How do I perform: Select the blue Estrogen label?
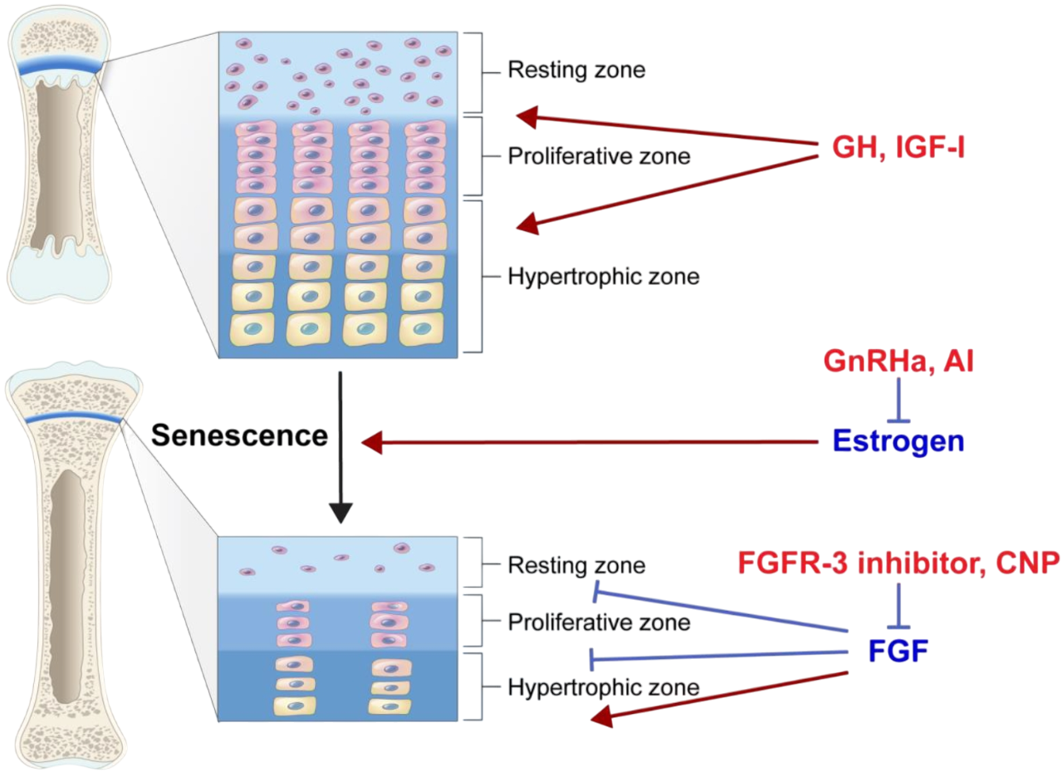[896, 440]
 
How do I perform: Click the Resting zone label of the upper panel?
[576, 70]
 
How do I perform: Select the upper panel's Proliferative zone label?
[598, 155]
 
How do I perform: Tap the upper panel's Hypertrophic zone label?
[603, 276]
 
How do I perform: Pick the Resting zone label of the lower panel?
[576, 566]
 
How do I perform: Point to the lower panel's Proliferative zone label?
[598, 622]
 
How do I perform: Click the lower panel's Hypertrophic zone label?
[603, 687]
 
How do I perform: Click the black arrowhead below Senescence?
[340, 519]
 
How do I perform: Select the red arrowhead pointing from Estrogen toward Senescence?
[375, 445]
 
